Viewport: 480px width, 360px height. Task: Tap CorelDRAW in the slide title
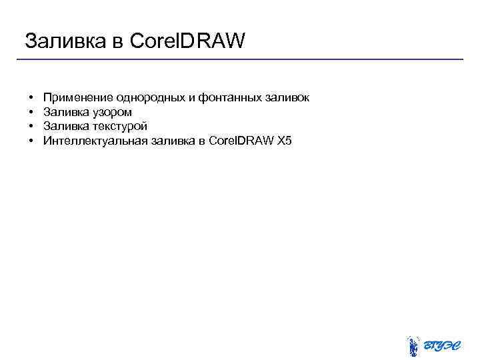[188, 41]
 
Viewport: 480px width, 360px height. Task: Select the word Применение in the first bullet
[77, 98]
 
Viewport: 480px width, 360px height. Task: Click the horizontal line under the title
[240, 59]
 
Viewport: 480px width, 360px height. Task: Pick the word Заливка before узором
[64, 112]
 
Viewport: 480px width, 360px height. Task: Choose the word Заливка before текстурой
[64, 126]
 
